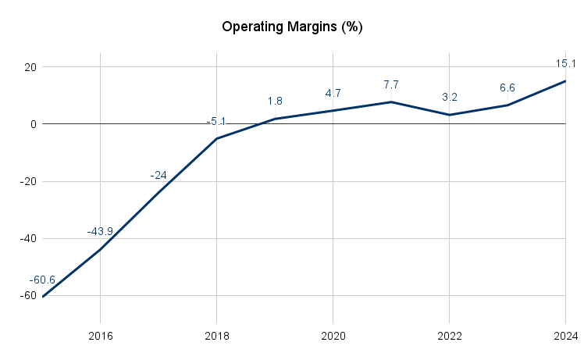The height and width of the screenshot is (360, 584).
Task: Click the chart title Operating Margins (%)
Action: pos(292,27)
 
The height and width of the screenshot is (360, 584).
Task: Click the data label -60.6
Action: pos(42,280)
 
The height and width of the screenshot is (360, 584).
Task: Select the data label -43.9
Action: pos(100,232)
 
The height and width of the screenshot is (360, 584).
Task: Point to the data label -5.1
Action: pos(216,122)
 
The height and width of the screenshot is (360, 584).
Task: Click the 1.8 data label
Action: pos(275,102)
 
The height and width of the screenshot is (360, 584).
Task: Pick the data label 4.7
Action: pos(333,94)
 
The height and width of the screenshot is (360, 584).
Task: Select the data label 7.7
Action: pos(391,84)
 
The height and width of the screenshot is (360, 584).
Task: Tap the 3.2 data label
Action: pos(449,98)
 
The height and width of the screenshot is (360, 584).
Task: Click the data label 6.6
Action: pos(507,87)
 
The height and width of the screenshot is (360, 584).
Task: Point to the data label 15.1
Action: pos(565,63)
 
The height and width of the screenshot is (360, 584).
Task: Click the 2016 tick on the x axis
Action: pos(101,336)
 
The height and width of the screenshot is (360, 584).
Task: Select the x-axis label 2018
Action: pos(217,336)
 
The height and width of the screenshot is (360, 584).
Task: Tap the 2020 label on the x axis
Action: pos(333,336)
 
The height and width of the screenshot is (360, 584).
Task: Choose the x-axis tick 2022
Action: pos(450,336)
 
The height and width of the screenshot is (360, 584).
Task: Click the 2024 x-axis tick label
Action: pos(564,336)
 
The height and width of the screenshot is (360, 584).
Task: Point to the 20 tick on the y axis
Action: pos(30,67)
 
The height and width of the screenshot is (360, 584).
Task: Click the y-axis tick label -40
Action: pos(28,239)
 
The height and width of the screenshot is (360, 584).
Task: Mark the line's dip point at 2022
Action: pos(449,115)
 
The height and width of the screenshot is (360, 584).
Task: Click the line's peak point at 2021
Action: pos(391,102)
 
